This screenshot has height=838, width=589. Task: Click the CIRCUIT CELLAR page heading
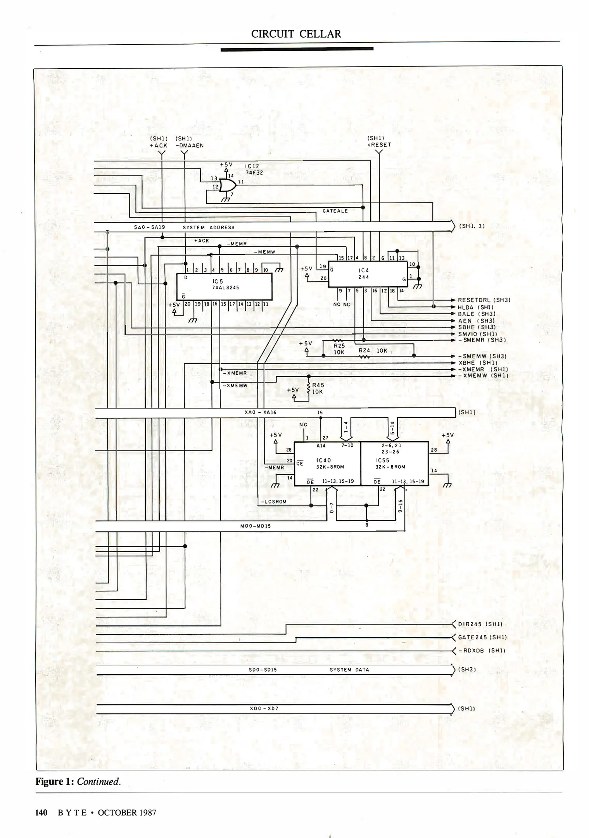296,34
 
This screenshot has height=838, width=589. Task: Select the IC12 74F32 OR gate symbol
227,185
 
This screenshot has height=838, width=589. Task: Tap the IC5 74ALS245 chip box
224,286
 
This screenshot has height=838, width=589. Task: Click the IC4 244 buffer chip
367,274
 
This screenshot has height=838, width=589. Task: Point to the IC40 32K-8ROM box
327,464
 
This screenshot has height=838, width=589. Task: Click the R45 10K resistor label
318,388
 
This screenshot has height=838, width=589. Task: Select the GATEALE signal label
335,211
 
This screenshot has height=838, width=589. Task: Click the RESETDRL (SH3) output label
484,300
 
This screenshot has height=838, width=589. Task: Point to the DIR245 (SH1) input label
480,624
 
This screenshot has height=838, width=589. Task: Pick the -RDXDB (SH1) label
482,651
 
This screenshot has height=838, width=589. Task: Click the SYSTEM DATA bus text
349,670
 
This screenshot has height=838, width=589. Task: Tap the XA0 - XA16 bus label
260,412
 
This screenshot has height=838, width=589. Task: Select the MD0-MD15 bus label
256,526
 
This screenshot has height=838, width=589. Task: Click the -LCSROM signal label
274,502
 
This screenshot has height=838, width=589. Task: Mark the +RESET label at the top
379,145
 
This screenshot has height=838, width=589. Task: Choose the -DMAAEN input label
190,146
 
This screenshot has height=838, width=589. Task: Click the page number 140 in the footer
41,813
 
